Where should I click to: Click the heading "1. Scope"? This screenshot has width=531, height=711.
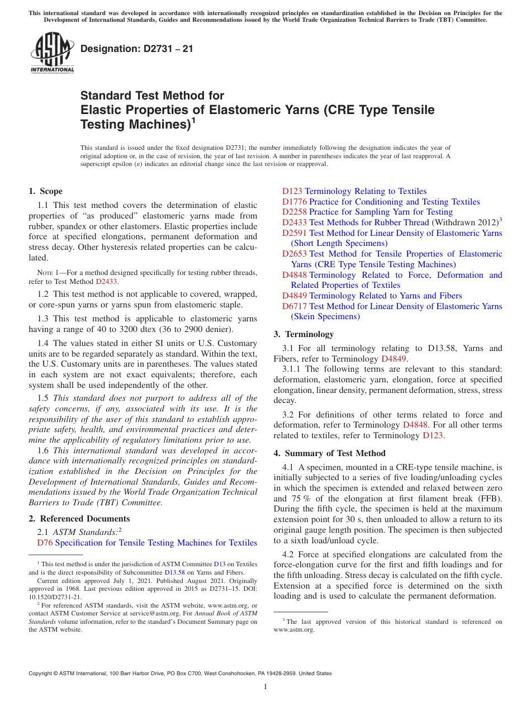[x=46, y=191]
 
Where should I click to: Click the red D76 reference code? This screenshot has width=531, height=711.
[x=45, y=543]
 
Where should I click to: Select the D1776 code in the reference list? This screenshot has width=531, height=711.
[x=295, y=202]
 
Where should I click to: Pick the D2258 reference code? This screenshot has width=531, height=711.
[x=295, y=212]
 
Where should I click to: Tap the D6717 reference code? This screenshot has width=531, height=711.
[x=295, y=306]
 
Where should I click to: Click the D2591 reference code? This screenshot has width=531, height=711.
[x=295, y=233]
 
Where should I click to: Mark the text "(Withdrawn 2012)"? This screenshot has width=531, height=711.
[x=464, y=222]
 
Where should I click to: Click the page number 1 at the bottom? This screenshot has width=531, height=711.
[x=265, y=686]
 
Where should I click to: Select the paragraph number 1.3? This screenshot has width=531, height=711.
[x=43, y=319]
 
